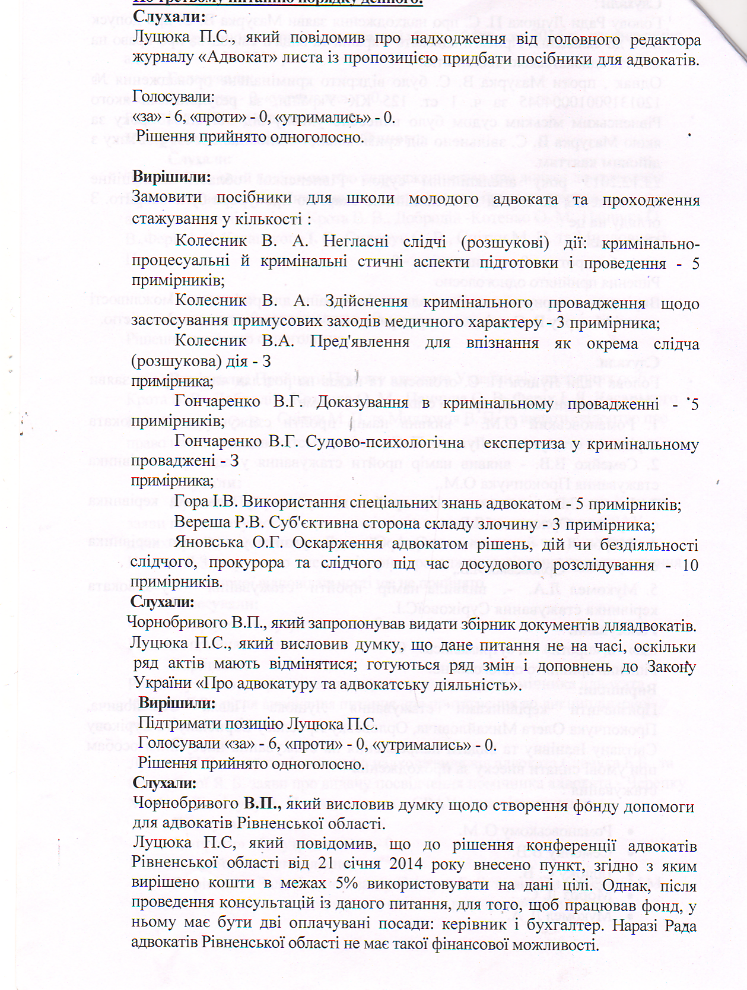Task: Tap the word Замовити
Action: pyautogui.click(x=166, y=198)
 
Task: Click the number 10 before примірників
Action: pyautogui.click(x=690, y=565)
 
